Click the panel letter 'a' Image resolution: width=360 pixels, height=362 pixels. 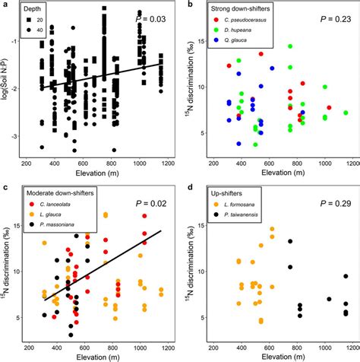4,5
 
